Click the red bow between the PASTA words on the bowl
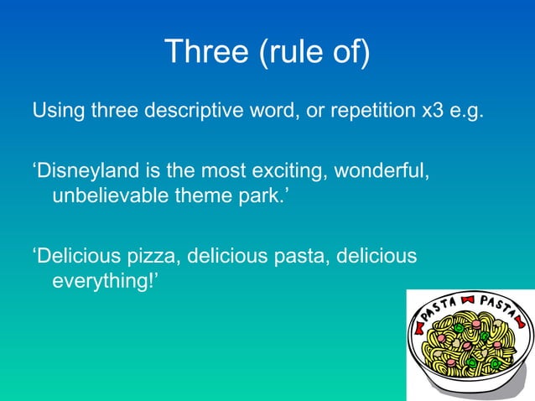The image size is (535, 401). click(468, 299)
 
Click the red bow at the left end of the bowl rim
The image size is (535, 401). click(417, 323)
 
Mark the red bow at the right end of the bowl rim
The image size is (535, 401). click(522, 320)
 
